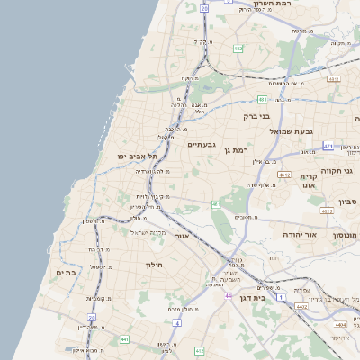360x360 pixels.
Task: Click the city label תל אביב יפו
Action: tap(137, 157)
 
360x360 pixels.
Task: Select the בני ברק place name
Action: tap(257, 116)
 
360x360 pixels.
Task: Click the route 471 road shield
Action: tap(328, 146)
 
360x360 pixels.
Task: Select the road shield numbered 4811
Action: tap(334, 79)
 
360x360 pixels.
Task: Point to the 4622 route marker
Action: tap(326, 211)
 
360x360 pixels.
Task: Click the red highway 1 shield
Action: tap(281, 297)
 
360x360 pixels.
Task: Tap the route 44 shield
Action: tap(229, 296)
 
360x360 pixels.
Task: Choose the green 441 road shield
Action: tap(124, 339)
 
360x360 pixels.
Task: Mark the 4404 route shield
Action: tap(339, 323)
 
